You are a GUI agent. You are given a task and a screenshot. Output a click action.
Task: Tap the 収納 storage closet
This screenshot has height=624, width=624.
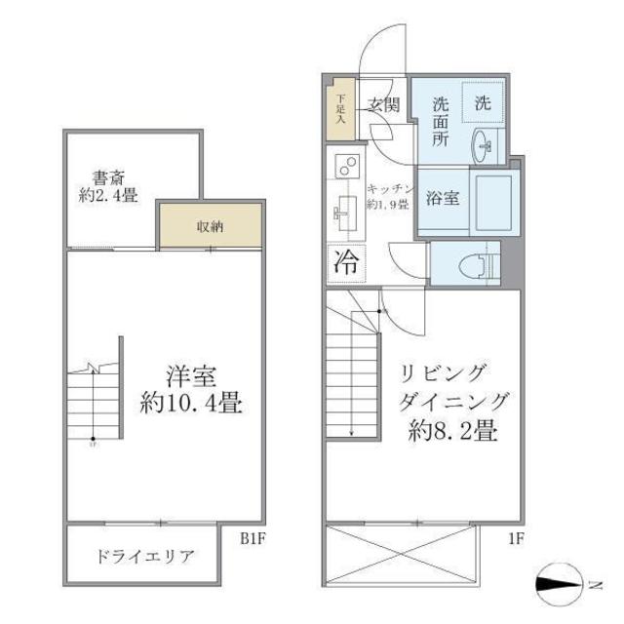tap(211, 226)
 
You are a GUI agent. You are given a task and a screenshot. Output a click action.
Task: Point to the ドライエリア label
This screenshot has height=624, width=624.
tap(146, 558)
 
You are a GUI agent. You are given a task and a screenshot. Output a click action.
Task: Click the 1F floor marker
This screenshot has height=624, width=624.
tap(516, 534)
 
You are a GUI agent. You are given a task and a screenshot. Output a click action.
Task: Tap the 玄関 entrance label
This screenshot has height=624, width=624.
tap(383, 105)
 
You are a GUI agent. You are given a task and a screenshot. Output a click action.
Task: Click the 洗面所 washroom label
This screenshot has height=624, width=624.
tap(441, 121)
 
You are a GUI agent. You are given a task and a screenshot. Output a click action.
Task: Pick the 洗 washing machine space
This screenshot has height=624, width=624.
tap(484, 99)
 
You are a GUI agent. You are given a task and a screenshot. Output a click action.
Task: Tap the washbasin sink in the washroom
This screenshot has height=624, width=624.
tap(485, 147)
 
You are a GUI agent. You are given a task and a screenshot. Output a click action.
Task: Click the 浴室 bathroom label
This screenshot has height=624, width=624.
tap(443, 198)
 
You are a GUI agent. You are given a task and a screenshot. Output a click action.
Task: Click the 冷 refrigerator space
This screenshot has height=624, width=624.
tap(345, 261)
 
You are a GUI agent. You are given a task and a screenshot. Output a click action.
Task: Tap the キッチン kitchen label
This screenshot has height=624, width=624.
tap(392, 196)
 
